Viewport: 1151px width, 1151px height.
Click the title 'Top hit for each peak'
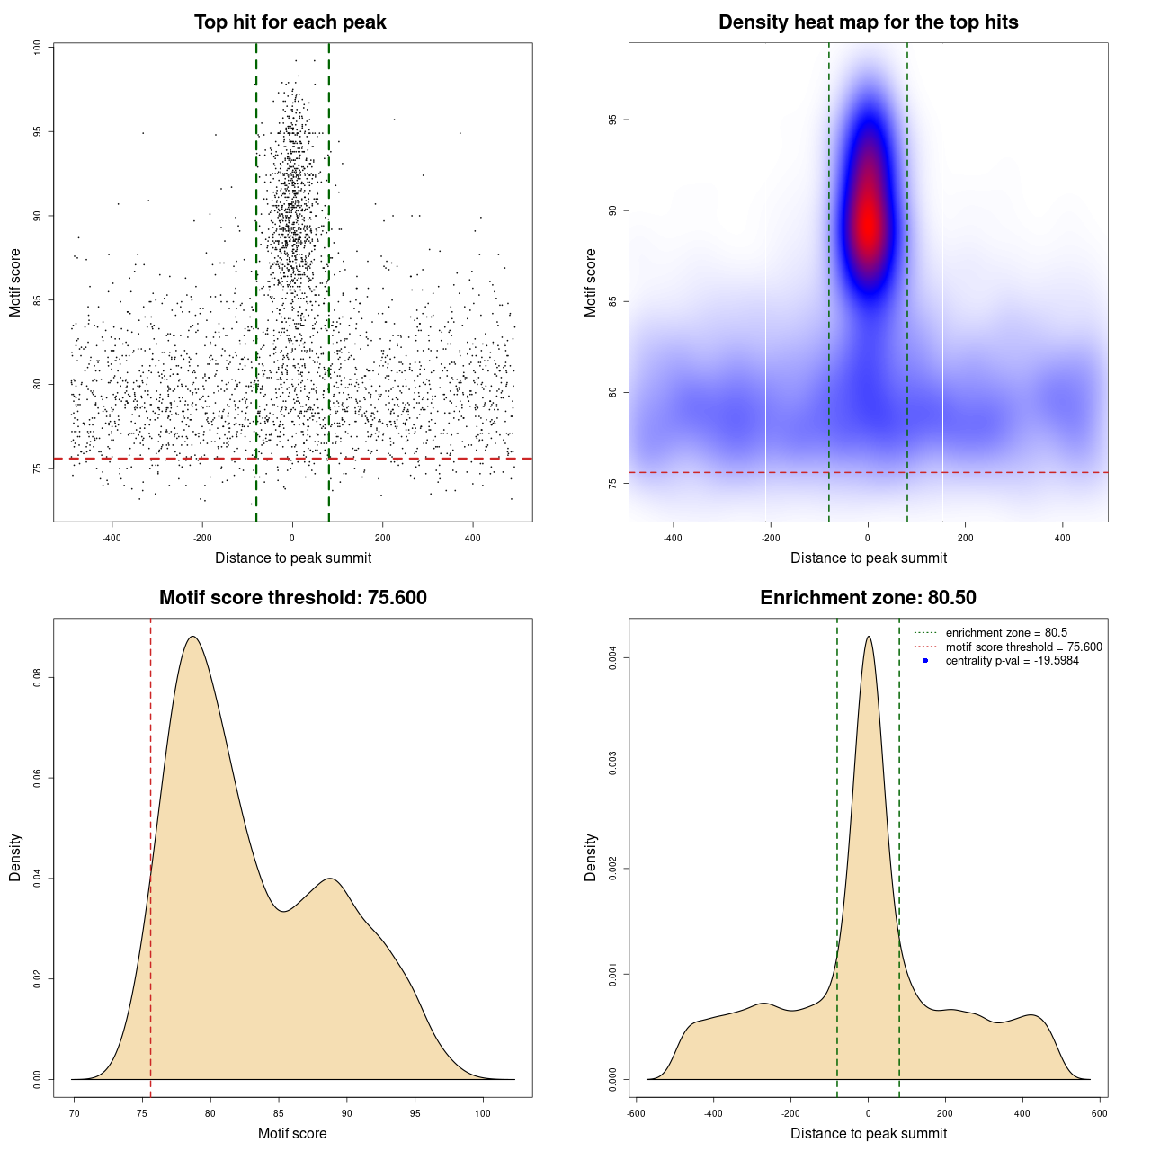click(290, 22)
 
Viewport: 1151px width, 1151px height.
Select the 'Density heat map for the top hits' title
click(868, 22)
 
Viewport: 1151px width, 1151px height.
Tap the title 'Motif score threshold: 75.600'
click(292, 598)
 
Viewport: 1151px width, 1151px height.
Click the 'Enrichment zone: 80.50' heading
click(868, 598)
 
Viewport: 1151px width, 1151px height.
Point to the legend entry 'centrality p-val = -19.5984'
click(1012, 661)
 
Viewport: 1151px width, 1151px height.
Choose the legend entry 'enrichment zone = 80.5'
click(1006, 633)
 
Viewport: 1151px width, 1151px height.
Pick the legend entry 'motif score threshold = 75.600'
click(1023, 647)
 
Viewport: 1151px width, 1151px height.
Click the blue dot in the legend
click(925, 661)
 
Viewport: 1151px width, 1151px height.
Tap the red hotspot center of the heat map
click(869, 225)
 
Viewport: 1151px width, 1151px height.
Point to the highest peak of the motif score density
click(192, 637)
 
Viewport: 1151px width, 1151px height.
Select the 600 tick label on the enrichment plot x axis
click(1099, 1113)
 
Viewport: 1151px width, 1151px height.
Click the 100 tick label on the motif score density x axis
click(483, 1113)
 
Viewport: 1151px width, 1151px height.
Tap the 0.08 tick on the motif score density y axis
click(38, 676)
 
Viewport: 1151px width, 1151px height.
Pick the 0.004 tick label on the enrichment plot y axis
click(613, 658)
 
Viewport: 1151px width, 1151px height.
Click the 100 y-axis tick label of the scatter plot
click(38, 48)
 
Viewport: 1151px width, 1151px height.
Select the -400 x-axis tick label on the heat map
click(673, 538)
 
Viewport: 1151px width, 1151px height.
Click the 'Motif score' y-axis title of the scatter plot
click(15, 282)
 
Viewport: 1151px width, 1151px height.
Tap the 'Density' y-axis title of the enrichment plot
click(591, 857)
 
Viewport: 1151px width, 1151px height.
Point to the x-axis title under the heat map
click(868, 558)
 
